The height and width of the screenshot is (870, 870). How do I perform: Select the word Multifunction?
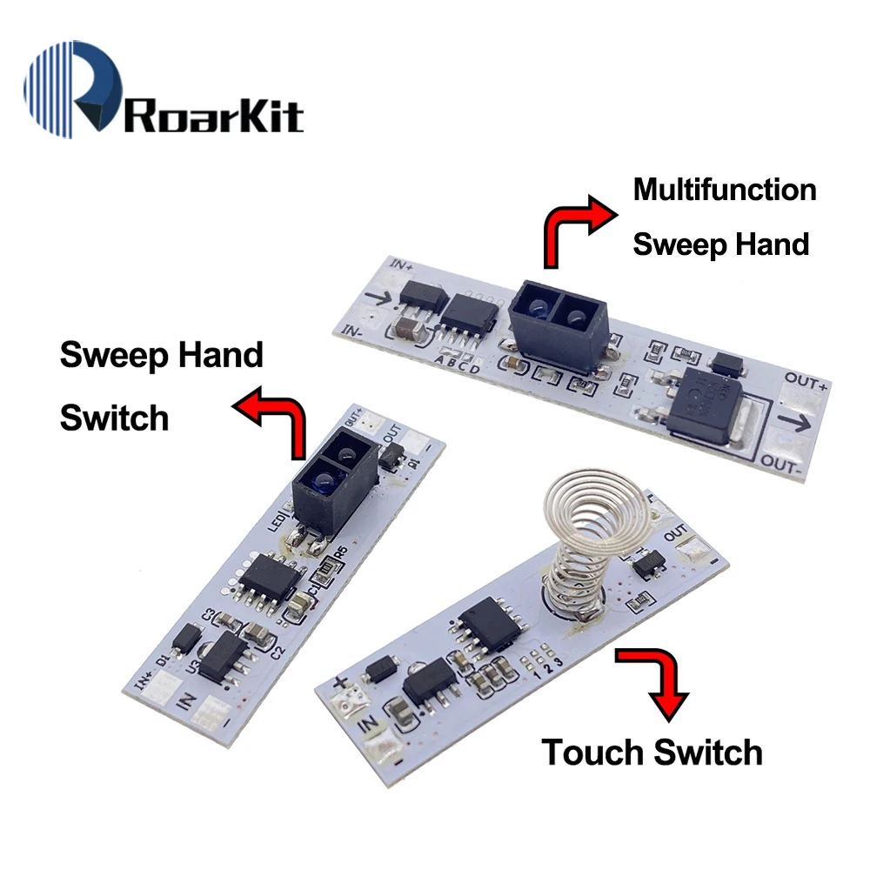tap(724, 189)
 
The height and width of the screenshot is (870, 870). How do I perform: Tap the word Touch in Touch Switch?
tap(594, 751)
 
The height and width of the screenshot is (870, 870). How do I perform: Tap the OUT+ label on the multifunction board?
tap(802, 379)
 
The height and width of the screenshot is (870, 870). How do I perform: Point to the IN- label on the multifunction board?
tap(347, 331)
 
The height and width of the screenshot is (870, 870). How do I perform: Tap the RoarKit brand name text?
tap(213, 115)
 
